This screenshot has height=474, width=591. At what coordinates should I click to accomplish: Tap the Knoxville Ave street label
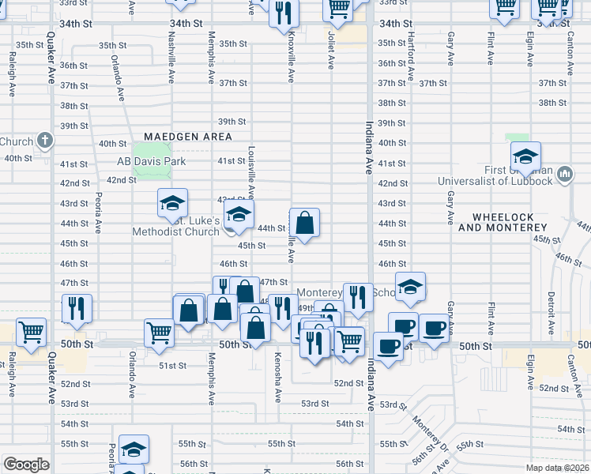[x=292, y=55]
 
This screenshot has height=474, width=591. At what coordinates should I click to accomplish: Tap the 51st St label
[x=172, y=366]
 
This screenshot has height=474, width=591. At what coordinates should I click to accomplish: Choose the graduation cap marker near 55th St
[x=134, y=450]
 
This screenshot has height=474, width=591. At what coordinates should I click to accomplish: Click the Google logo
[x=26, y=465]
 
